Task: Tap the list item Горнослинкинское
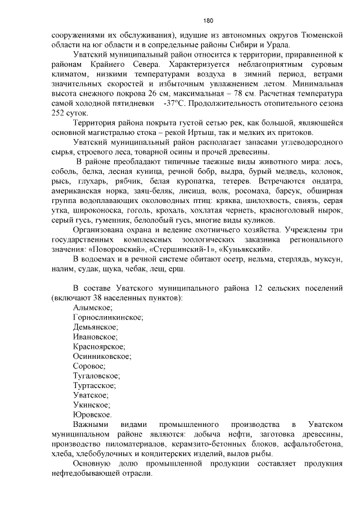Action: click(x=107, y=317)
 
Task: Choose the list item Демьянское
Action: click(x=95, y=327)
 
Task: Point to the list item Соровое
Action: click(x=89, y=366)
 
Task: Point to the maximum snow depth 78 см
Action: click(x=220, y=94)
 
